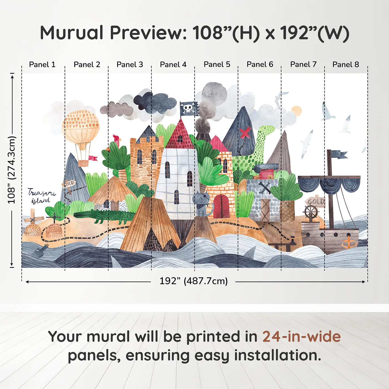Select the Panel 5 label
pos(217,64)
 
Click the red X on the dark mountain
pos(245,133)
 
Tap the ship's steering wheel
pos(311,212)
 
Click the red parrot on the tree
pos(116,140)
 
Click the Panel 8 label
pos(346,64)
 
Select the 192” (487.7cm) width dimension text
pos(193,281)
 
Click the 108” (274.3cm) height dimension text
pos(12,170)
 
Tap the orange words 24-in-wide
pos(301,336)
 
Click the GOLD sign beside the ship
pos(315,201)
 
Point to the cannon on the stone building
pos(266,168)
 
